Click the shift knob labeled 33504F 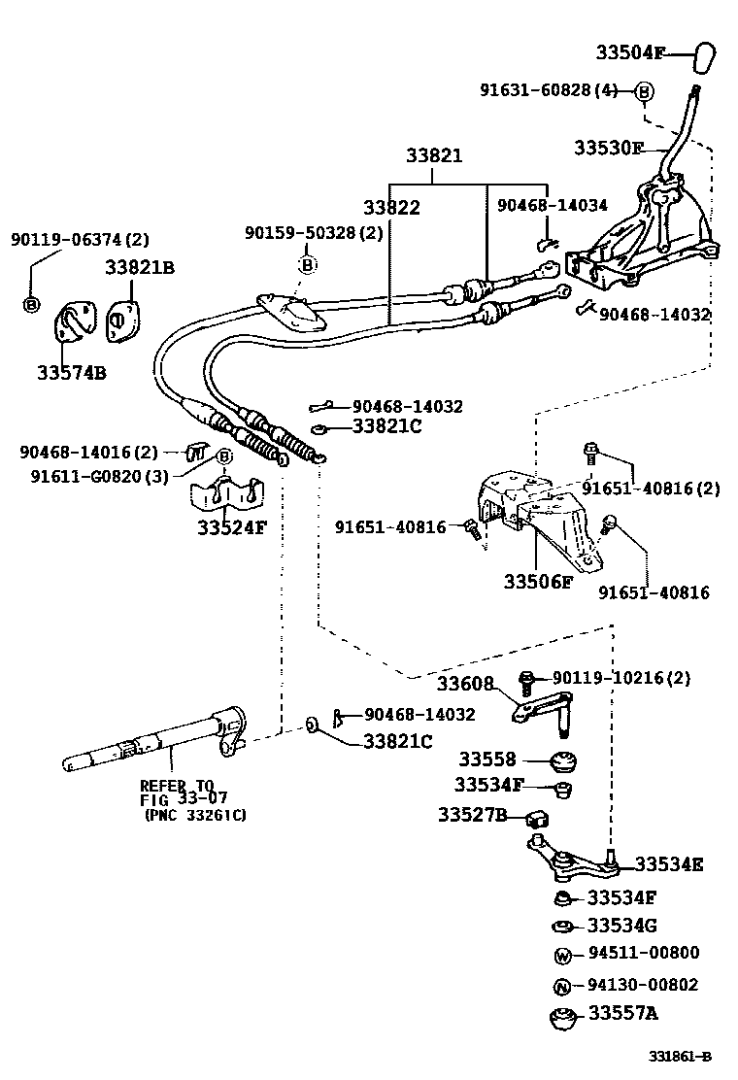coord(706,57)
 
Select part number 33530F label coord(608,148)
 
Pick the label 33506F coord(538,582)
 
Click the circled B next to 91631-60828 coord(644,91)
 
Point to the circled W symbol coord(562,955)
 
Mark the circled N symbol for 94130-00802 coord(562,986)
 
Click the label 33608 coord(465,683)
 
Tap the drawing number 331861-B coord(681,1057)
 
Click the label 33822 coord(391,207)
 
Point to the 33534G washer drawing coord(562,926)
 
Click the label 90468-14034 coord(552,206)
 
